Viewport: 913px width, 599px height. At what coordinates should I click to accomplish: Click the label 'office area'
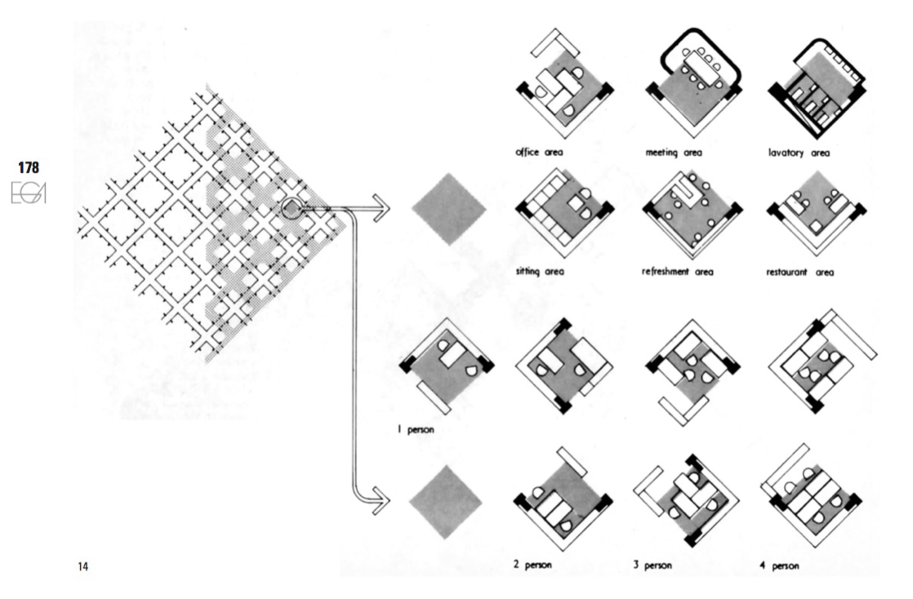coord(541,152)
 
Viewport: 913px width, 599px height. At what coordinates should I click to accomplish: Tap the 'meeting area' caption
coord(674,152)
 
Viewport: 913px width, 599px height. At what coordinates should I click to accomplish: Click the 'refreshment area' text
coord(678,272)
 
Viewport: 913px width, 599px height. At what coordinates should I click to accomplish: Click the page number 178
coord(29,168)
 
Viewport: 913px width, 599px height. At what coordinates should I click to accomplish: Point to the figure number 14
coord(82,566)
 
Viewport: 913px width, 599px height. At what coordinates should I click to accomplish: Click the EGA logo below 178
coord(29,193)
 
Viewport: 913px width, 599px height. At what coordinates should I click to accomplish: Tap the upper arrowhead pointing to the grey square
coord(382,209)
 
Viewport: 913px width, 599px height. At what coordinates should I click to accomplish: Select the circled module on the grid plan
coord(291,209)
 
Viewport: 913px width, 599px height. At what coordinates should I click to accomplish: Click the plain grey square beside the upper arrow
coord(448,209)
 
